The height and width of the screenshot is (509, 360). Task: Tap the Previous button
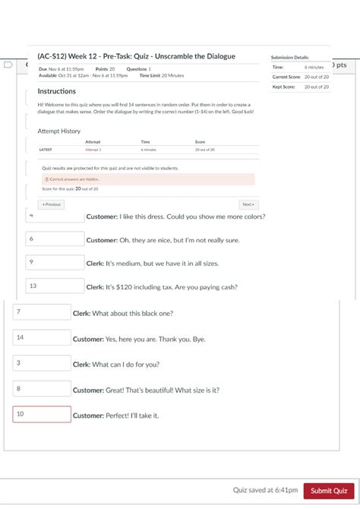point(51,204)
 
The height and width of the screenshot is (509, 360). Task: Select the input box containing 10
point(42,414)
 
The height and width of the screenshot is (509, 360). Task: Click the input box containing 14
point(42,337)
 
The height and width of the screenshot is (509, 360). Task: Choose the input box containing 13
point(55,286)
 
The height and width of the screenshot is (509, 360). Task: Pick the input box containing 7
point(42,311)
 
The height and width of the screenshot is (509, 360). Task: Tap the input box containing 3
point(42,363)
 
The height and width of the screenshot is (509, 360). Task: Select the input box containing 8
point(42,389)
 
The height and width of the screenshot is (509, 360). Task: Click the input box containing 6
point(55,239)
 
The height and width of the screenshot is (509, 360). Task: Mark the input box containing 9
point(55,262)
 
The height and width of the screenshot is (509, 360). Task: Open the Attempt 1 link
point(93,150)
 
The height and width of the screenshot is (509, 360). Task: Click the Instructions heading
point(57,91)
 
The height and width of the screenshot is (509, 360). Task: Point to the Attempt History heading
point(59,131)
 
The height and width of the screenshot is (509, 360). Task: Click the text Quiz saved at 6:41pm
point(265,491)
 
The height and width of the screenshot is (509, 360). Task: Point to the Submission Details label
point(290,58)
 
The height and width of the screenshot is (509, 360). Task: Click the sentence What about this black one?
point(133,313)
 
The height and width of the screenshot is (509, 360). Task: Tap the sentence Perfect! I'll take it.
point(137,416)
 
